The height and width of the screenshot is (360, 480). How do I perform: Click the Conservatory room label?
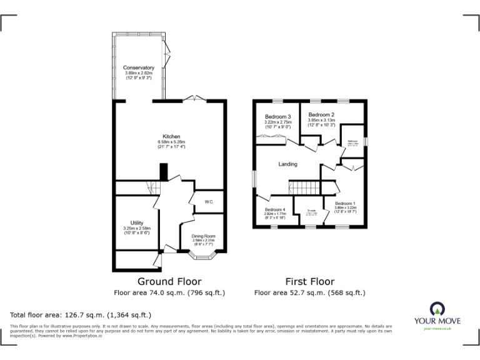138,67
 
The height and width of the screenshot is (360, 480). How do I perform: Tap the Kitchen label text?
171,136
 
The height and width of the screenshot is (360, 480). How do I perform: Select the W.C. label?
209,201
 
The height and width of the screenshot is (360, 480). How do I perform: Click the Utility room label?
137,222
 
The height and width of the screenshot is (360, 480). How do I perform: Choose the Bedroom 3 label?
277,117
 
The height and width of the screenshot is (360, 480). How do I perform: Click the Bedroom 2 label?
321,115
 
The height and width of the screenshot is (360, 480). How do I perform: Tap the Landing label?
287,164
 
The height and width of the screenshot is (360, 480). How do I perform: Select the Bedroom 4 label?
274,209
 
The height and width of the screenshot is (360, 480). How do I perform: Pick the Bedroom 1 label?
346,204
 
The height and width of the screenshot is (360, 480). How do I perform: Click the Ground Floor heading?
169,282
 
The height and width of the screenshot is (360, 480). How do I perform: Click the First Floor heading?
309,282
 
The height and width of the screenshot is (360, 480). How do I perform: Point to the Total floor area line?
81,314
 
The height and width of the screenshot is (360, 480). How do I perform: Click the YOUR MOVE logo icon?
437,307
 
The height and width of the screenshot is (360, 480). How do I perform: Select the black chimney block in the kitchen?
164,171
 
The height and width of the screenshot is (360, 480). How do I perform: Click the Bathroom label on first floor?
353,141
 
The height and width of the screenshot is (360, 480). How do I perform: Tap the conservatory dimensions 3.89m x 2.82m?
138,73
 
